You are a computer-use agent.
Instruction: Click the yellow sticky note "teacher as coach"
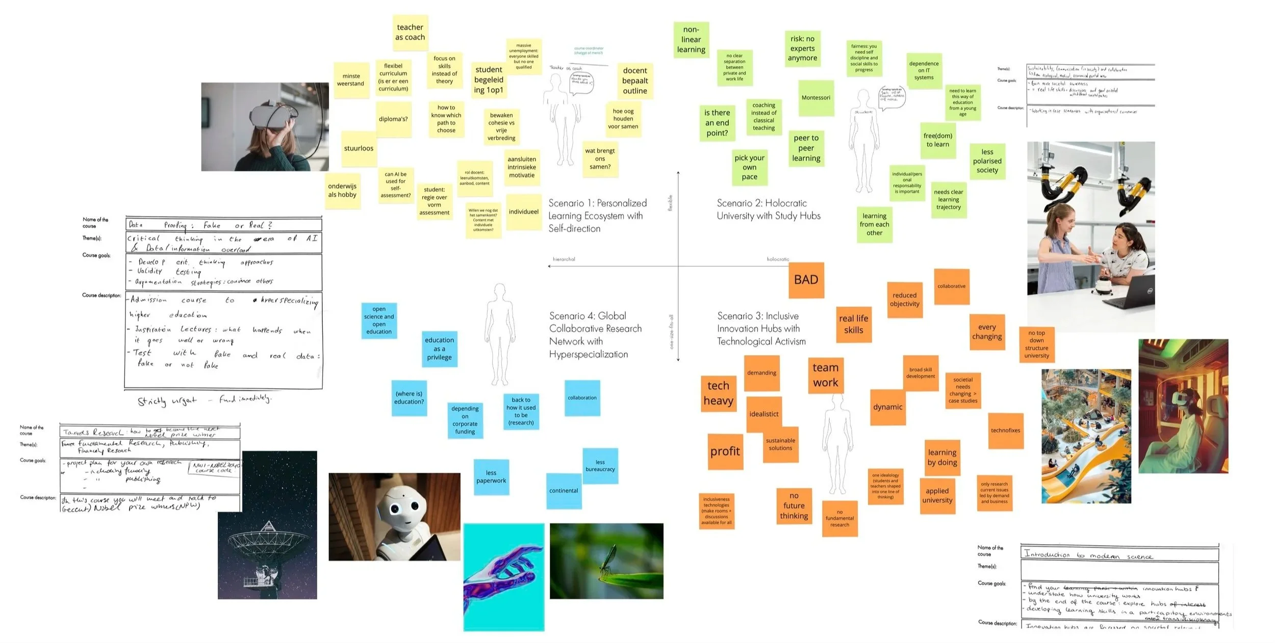[x=410, y=32]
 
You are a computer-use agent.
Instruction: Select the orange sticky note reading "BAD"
[x=806, y=280]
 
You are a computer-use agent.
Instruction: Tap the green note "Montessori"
[x=816, y=98]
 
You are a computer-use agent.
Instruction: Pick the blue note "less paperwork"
[x=491, y=477]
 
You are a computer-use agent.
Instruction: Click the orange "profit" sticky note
[x=725, y=451]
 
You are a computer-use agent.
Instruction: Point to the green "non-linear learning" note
[x=691, y=40]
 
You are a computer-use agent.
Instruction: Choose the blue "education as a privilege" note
[x=439, y=349]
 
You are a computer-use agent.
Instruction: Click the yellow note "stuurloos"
[x=359, y=149]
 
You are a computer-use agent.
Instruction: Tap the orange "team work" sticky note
[x=825, y=376]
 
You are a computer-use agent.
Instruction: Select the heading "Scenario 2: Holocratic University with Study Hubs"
[x=768, y=209]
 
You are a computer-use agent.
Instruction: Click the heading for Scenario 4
[x=595, y=335]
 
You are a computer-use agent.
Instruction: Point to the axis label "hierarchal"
[x=564, y=259]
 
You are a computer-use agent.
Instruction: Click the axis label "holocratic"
[x=777, y=259]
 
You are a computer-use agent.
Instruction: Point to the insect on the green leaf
[x=606, y=564]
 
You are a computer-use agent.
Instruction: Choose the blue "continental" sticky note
[x=564, y=491]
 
